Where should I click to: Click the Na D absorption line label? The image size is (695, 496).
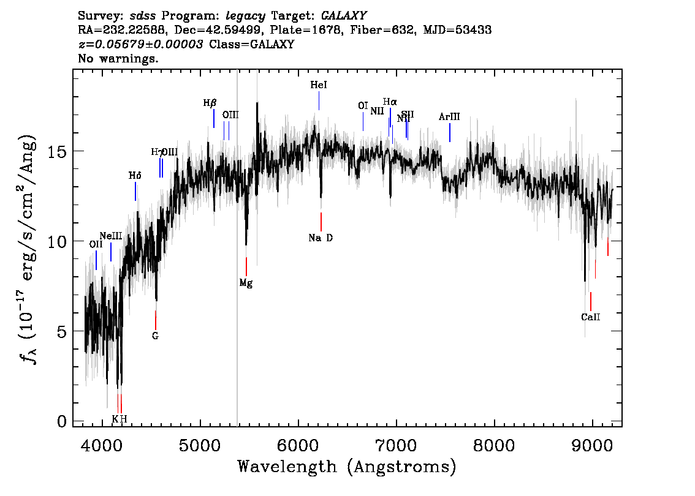321,238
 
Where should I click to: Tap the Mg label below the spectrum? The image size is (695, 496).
246,283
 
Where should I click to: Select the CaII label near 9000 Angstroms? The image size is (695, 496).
590,317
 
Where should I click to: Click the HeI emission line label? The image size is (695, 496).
319,86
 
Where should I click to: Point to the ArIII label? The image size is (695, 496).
449,117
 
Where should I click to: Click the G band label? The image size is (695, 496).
155,336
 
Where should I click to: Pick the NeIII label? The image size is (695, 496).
110,236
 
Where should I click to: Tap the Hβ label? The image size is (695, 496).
210,103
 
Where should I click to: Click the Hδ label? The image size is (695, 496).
135,176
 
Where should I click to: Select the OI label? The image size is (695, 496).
363,106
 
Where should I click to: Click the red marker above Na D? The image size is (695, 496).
321,221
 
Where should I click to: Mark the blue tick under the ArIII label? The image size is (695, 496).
450,132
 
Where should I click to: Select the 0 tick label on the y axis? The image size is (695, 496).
61,421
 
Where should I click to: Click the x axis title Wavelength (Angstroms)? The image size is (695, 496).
347,467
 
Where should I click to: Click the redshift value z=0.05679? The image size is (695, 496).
142,45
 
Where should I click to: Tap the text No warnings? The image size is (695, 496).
118,59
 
